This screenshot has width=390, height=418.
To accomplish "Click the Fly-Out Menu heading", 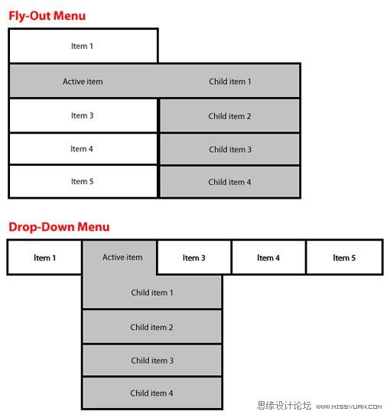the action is click(47, 16).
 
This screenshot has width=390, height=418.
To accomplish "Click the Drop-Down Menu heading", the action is click(59, 227).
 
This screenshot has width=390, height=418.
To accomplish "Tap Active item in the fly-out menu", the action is click(83, 81).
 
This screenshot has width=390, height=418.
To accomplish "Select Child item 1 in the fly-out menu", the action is click(229, 81).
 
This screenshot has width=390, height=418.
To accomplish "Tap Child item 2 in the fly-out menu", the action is click(229, 116).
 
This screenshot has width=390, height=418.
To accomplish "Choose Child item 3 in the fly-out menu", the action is click(229, 149).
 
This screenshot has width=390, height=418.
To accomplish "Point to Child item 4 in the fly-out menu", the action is click(229, 182).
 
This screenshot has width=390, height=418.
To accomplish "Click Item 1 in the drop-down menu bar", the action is click(44, 258).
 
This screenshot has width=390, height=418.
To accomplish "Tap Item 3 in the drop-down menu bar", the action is click(194, 258).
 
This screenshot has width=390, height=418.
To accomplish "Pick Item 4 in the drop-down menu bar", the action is click(268, 258).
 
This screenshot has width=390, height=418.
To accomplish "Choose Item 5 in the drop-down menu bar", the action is click(344, 258).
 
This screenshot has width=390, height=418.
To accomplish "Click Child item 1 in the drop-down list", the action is click(152, 292).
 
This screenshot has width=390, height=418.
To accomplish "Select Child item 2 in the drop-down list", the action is click(152, 327).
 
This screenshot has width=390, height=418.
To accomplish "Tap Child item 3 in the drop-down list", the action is click(152, 361).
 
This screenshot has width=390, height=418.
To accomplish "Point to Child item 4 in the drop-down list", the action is click(152, 393).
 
